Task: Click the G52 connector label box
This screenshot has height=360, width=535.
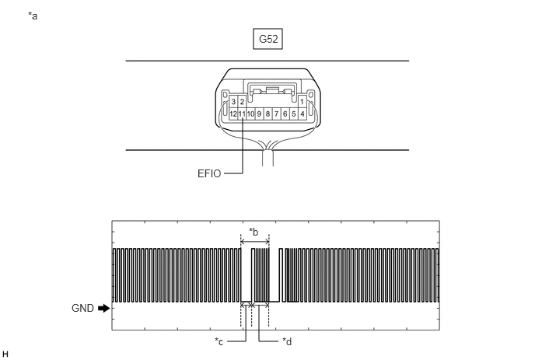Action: [267, 39]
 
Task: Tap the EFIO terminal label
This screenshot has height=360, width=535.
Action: [209, 173]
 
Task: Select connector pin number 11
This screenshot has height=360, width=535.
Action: [242, 114]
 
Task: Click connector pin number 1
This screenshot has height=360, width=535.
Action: [302, 102]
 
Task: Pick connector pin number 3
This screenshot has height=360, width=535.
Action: [233, 102]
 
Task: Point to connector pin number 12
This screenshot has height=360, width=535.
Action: [233, 114]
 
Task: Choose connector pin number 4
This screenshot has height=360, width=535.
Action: [302, 114]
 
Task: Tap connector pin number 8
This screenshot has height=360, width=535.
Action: [267, 114]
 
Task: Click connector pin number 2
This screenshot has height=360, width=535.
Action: [242, 102]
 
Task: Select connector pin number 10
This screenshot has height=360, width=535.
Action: [250, 114]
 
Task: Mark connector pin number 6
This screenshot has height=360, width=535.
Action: [285, 114]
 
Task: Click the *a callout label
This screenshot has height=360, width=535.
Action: [33, 16]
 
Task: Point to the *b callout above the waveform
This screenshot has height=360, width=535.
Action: [254, 232]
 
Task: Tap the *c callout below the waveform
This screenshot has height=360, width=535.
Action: [219, 341]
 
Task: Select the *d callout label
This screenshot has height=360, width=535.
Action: [287, 341]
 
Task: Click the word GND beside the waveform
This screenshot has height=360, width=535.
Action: [82, 308]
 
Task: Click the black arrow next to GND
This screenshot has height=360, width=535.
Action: [103, 308]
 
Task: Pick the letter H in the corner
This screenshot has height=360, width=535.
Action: [5, 355]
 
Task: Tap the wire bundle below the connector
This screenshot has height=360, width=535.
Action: [267, 158]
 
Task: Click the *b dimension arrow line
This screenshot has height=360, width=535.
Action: [255, 242]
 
